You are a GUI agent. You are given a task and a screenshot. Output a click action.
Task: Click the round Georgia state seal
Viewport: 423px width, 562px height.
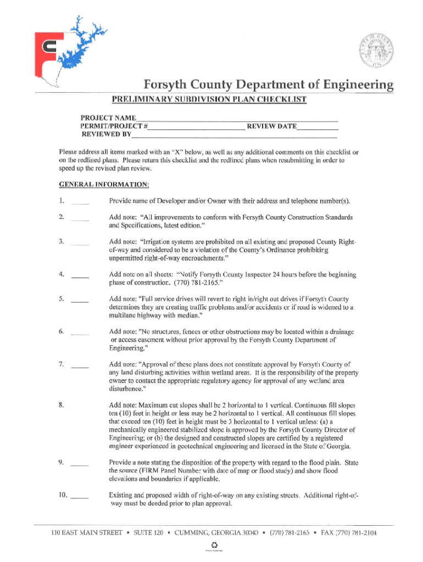pos(379,53)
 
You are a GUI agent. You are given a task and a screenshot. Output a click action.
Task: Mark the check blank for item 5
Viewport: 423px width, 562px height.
pos(80,301)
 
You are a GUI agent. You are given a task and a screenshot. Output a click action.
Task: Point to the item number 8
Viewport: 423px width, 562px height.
pos(62,405)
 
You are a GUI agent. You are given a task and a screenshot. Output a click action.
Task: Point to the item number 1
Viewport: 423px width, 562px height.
pos(62,200)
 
